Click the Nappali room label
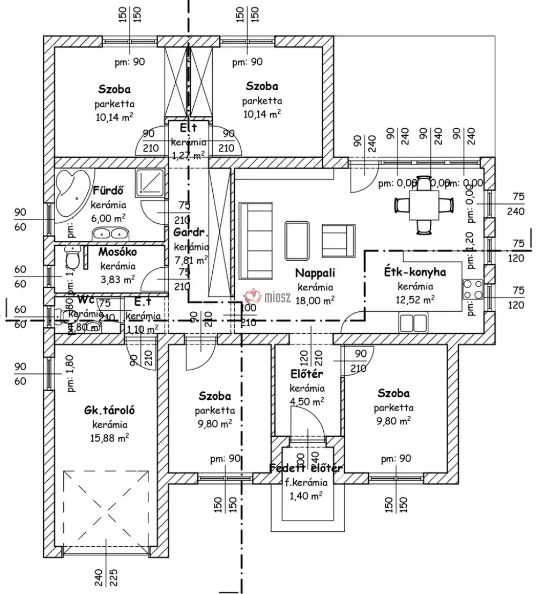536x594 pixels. pos(315,273)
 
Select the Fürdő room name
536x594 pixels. pos(109,190)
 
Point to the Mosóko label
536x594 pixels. pos(117,252)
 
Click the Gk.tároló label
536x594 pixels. pos(109,410)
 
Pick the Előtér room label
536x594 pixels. pos(307,374)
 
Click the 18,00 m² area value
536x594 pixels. pos(317,300)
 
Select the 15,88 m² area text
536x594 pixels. pos(109,438)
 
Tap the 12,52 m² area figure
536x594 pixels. pos(416,299)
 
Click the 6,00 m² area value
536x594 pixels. pos(108,217)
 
